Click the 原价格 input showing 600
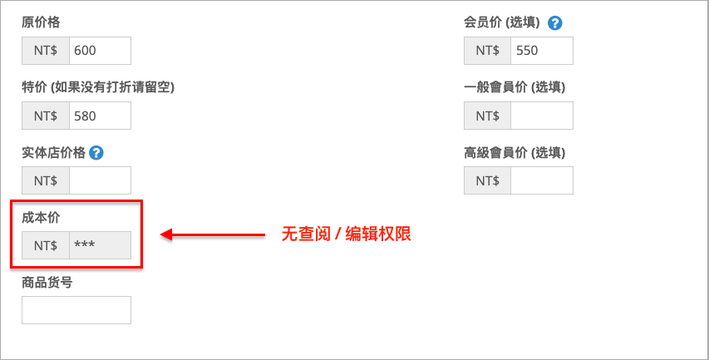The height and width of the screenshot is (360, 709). (100, 51)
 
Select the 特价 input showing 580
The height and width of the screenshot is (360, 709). (100, 116)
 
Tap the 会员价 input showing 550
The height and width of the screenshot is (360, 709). (542, 51)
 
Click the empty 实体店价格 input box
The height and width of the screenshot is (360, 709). (100, 180)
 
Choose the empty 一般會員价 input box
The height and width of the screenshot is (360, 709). (542, 116)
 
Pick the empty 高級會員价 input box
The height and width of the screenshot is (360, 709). (542, 180)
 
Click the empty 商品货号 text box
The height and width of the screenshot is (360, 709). (76, 310)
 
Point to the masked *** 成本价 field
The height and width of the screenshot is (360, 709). (100, 245)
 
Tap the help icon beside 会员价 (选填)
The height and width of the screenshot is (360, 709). (554, 23)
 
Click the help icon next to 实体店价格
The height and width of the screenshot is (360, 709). (96, 153)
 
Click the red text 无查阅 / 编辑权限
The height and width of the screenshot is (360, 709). (347, 234)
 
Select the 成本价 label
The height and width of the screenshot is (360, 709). (41, 218)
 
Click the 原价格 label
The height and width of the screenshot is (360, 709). (41, 22)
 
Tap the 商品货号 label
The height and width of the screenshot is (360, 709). (47, 283)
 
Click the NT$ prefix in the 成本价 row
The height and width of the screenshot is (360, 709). (46, 245)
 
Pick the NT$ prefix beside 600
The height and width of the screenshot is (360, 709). (46, 51)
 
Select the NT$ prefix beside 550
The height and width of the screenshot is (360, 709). (487, 51)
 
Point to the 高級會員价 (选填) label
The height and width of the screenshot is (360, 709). (515, 153)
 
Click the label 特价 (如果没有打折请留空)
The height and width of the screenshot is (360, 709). (98, 87)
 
